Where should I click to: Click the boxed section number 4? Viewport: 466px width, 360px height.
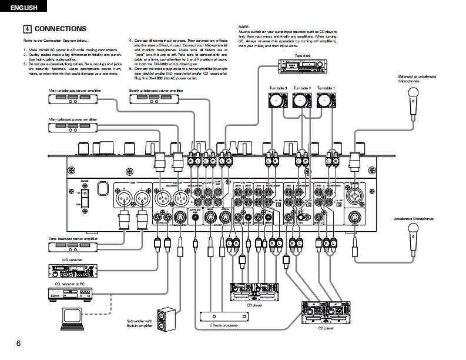click(x=27, y=29)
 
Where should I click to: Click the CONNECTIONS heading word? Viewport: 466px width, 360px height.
click(x=61, y=29)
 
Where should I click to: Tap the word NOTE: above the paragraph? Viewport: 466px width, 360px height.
click(x=244, y=27)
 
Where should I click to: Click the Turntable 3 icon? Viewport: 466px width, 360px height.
click(x=277, y=101)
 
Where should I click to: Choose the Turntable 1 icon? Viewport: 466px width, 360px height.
click(x=326, y=101)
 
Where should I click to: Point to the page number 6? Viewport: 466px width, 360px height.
click(x=18, y=343)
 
